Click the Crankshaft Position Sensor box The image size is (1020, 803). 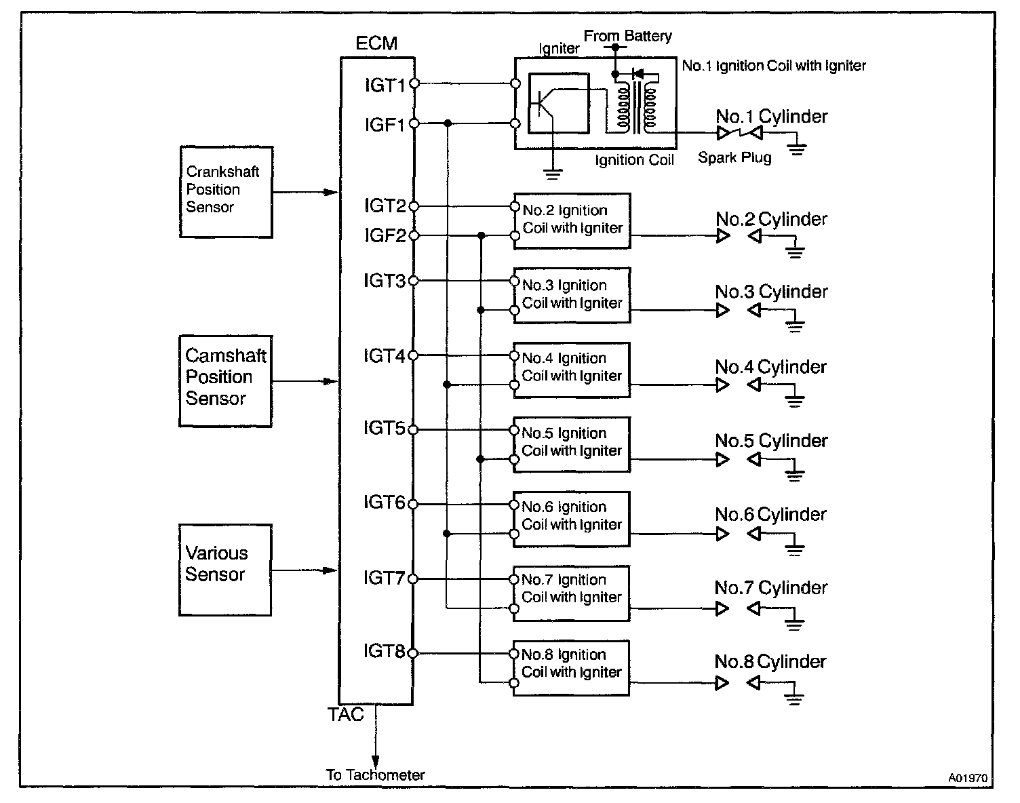pos(226,192)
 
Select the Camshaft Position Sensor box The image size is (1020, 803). pos(225,381)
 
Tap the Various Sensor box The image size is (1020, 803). pos(225,570)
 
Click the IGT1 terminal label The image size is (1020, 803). pos(385,85)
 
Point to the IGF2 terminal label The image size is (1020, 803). pos(385,235)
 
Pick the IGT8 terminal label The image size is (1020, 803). pos(384,652)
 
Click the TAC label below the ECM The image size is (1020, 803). pos(346,715)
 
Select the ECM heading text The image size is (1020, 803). pos(376,43)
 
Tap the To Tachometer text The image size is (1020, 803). pos(375,775)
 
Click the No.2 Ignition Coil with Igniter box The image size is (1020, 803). pos(572,220)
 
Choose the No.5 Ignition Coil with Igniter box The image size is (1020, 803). pos(572,444)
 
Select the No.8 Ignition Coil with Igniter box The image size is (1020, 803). pos(571,667)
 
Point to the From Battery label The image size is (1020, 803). pos(627,36)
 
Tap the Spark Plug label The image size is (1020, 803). pos(734,158)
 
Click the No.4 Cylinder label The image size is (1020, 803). pos(771,368)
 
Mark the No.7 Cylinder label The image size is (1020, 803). pos(771,588)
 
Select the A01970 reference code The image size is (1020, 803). pos(968,779)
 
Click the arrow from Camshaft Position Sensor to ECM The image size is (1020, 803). pos(305,382)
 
